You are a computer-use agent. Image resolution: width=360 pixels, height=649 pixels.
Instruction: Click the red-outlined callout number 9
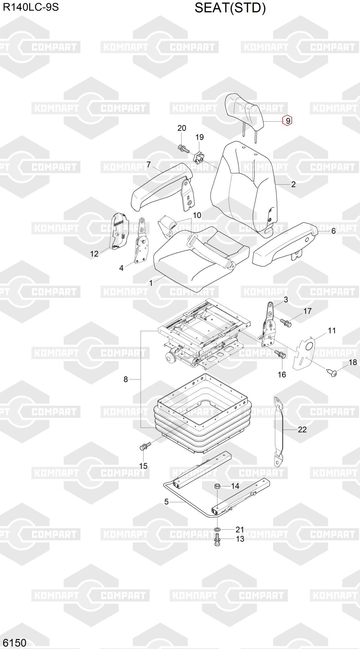287,121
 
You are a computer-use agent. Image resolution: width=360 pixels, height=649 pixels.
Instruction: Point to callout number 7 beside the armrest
149,165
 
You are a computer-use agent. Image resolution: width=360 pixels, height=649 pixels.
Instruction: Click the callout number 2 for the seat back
293,184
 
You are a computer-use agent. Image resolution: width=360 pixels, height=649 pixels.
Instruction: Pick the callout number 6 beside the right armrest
333,231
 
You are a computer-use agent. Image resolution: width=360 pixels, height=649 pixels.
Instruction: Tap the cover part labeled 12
119,231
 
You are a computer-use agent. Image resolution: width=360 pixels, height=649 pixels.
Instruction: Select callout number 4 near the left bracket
121,268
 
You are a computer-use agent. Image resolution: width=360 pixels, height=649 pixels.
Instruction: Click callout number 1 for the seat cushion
151,283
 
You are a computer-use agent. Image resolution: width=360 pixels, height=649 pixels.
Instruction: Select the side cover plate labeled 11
304,353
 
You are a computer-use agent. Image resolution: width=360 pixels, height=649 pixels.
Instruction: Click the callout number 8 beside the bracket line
126,379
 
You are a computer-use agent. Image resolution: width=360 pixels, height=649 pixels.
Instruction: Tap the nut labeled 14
217,486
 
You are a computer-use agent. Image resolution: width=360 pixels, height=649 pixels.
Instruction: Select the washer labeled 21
217,530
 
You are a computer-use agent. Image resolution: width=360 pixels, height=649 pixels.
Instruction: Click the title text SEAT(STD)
230,8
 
